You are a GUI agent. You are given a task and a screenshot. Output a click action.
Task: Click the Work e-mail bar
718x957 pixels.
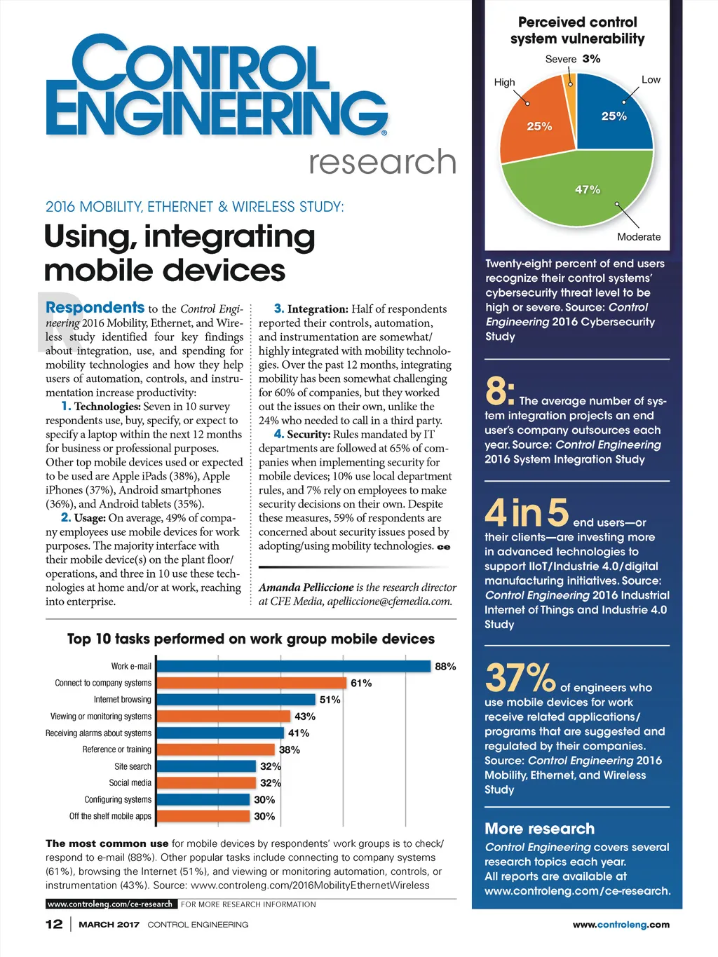click(293, 666)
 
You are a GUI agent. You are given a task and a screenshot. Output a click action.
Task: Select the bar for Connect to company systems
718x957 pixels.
click(251, 683)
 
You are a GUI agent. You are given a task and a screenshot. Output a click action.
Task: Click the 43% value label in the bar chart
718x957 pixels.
click(305, 717)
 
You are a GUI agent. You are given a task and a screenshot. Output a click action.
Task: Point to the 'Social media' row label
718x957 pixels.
click(130, 783)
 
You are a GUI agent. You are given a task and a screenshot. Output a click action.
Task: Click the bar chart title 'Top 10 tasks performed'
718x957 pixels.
click(250, 639)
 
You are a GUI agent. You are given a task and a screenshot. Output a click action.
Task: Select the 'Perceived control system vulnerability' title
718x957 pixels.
click(577, 31)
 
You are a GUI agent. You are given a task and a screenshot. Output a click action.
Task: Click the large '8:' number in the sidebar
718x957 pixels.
click(500, 391)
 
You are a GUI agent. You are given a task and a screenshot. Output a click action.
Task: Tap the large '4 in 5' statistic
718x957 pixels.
click(527, 513)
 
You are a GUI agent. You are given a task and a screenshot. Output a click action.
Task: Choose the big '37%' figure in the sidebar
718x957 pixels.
click(520, 678)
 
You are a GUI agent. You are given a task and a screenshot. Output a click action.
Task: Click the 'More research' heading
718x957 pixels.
click(539, 829)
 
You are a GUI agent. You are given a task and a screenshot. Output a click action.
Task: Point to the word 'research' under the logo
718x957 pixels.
click(383, 162)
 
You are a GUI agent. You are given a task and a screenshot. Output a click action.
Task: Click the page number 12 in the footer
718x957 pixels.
click(54, 924)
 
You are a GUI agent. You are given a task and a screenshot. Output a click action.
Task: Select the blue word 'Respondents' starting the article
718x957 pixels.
click(95, 307)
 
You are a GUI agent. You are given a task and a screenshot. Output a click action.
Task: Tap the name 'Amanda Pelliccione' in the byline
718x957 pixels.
click(306, 588)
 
